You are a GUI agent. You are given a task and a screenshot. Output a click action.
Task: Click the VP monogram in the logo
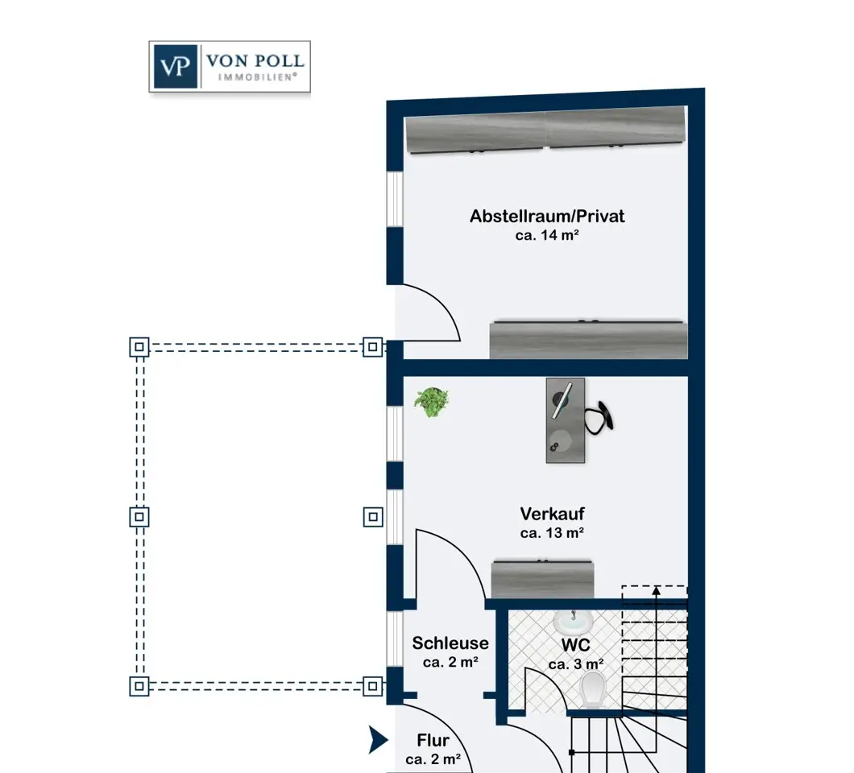pos(174,66)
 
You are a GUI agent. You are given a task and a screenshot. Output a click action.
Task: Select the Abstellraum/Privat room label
pos(547,217)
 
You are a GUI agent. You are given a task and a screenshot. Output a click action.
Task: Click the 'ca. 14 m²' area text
pos(547,236)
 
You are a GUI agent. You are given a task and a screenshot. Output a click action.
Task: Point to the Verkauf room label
pos(552,514)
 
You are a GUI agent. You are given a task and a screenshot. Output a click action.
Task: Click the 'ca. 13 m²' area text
pos(552,533)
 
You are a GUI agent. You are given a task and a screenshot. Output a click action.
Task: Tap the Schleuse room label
pos(450,643)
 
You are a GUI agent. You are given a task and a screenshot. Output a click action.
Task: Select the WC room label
pos(576,645)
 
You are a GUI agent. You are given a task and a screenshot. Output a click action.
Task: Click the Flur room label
pos(433,741)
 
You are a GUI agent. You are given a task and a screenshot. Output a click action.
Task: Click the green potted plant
pos(432,401)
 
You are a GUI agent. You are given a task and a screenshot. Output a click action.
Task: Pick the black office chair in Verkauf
pos(600,415)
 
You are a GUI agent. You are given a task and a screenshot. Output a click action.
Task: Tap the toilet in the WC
pos(593,689)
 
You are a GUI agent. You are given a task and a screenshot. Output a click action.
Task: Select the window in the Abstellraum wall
pos(395,198)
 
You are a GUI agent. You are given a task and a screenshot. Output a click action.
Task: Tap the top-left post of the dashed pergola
pos(139,347)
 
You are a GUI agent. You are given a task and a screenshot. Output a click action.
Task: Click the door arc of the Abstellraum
pos(439,310)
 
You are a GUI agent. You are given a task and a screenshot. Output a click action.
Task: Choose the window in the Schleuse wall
pos(394,639)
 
